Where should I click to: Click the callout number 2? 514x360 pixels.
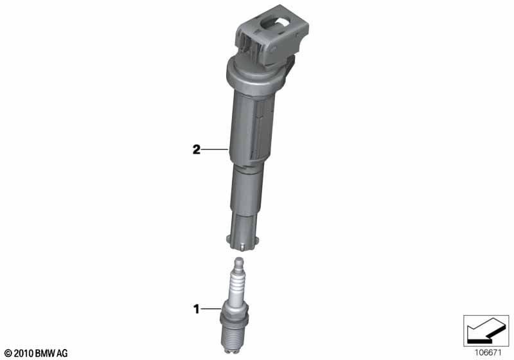click(x=196, y=150)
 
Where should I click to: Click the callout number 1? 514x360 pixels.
click(x=197, y=309)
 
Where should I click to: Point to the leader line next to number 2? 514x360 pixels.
click(x=215, y=150)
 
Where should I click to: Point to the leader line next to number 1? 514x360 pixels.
click(x=211, y=309)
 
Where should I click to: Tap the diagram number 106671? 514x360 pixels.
click(x=488, y=353)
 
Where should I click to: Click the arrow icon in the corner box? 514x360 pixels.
click(x=486, y=330)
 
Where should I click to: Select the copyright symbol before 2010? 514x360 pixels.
click(x=9, y=353)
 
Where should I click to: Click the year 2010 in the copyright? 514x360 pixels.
click(x=24, y=353)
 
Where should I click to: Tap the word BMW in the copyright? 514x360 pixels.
click(x=45, y=353)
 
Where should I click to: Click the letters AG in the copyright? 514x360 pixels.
click(x=62, y=353)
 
